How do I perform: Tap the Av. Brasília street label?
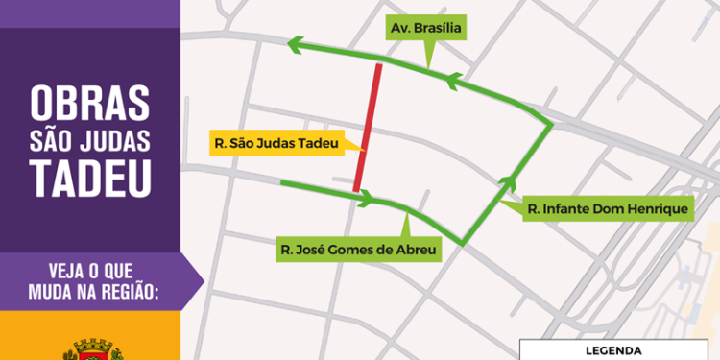tap(426, 29)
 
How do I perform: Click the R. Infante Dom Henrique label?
tap(609, 208)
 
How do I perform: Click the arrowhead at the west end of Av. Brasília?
tap(295, 43)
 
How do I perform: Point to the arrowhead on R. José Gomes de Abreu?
tap(366, 200)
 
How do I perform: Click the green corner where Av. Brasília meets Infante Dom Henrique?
tap(550, 124)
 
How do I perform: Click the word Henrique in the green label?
tap(656, 208)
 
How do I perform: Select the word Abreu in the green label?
tap(416, 251)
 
